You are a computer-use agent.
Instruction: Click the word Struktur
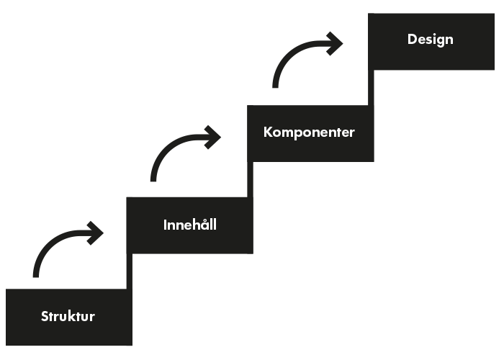(x=68, y=316)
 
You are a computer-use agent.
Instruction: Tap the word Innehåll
(x=190, y=225)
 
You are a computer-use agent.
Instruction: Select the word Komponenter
(x=309, y=132)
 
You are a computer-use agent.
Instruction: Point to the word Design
(x=431, y=39)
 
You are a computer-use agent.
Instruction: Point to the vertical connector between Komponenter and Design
(x=372, y=87)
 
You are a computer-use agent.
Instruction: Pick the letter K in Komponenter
(x=268, y=132)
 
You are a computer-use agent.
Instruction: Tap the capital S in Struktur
(x=45, y=316)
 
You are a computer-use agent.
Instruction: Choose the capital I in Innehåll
(x=166, y=225)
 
